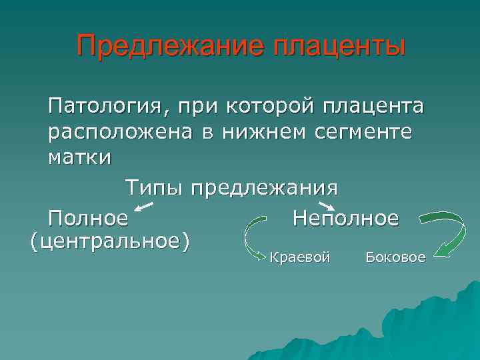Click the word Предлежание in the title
(x=162, y=47)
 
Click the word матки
(x=80, y=159)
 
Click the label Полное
(x=87, y=217)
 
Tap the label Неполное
(x=345, y=217)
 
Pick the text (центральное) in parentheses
(x=110, y=240)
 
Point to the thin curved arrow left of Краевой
(x=251, y=240)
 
